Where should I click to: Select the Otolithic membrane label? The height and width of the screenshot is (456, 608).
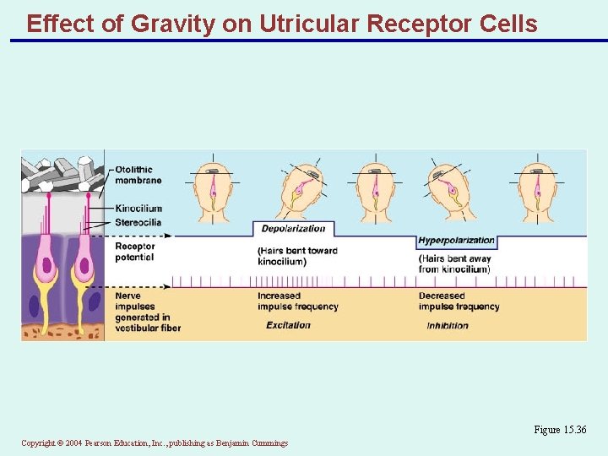tap(138, 175)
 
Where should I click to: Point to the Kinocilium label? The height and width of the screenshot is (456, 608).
tap(138, 209)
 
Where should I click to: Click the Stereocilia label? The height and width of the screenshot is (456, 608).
tap(138, 222)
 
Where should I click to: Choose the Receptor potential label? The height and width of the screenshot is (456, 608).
tap(134, 252)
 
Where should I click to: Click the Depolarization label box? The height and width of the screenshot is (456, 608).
tap(293, 229)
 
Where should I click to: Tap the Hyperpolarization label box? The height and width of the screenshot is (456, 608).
tap(456, 241)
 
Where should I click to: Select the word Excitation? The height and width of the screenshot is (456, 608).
tap(288, 325)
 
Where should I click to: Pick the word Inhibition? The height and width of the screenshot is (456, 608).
tap(448, 326)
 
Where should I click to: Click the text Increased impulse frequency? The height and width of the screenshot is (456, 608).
tap(297, 301)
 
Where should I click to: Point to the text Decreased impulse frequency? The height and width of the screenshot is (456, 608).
tap(459, 301)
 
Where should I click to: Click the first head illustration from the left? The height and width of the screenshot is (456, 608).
tap(213, 192)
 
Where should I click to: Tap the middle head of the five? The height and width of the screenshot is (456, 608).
tap(375, 192)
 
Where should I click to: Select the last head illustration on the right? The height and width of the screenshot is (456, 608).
tap(537, 192)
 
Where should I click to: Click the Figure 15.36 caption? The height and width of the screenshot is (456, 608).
tap(559, 430)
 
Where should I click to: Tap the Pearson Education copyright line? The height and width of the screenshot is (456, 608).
tap(155, 442)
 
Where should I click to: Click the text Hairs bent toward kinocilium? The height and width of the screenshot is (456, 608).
tap(297, 256)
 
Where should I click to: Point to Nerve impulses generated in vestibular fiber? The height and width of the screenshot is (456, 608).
tap(147, 312)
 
